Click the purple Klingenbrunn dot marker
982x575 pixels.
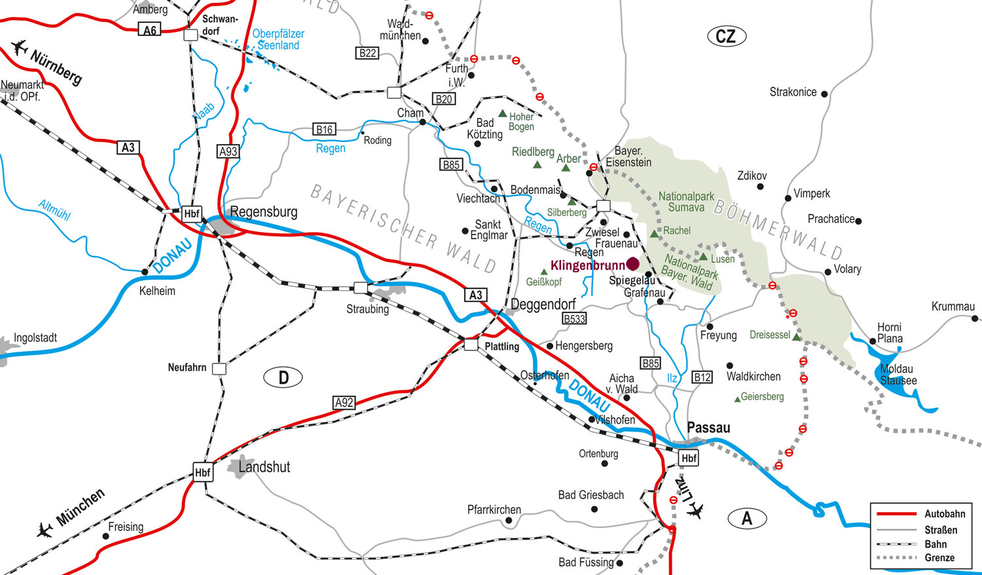(x=632, y=264)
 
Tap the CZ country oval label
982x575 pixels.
(x=726, y=36)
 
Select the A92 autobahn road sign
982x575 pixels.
(x=344, y=403)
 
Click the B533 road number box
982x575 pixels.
(x=574, y=319)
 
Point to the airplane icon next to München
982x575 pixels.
(x=45, y=529)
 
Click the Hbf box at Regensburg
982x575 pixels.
(x=192, y=213)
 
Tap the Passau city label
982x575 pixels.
(x=708, y=428)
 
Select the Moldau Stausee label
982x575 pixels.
(x=898, y=375)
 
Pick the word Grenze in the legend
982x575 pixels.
(x=939, y=558)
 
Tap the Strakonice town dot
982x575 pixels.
(x=824, y=94)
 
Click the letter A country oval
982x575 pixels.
(x=747, y=519)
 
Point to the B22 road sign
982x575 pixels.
(x=367, y=53)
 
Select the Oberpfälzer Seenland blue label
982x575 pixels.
(x=278, y=39)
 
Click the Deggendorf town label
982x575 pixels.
(x=543, y=305)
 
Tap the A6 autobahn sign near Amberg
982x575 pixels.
(x=150, y=30)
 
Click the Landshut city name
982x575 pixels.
(x=264, y=467)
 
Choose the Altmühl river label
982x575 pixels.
(x=54, y=210)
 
